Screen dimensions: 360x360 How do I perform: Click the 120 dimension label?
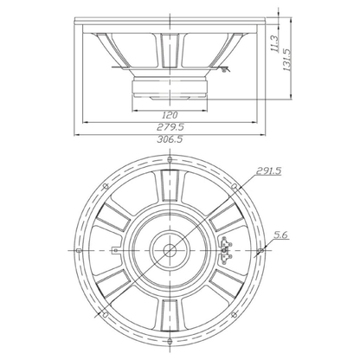(x=170, y=115)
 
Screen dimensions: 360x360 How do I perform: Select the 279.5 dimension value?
(x=170, y=127)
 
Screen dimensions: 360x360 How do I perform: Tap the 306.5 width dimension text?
(x=170, y=139)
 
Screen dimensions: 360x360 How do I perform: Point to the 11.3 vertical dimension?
(x=274, y=44)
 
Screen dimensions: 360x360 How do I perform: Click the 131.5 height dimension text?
(x=287, y=60)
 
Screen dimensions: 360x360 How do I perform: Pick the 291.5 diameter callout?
(x=268, y=171)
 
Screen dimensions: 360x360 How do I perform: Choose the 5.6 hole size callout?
(x=281, y=235)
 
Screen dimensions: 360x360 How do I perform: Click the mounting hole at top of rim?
(x=170, y=159)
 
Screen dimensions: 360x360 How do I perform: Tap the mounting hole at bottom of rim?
(x=170, y=341)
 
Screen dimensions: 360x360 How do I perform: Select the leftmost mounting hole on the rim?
(x=78, y=250)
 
